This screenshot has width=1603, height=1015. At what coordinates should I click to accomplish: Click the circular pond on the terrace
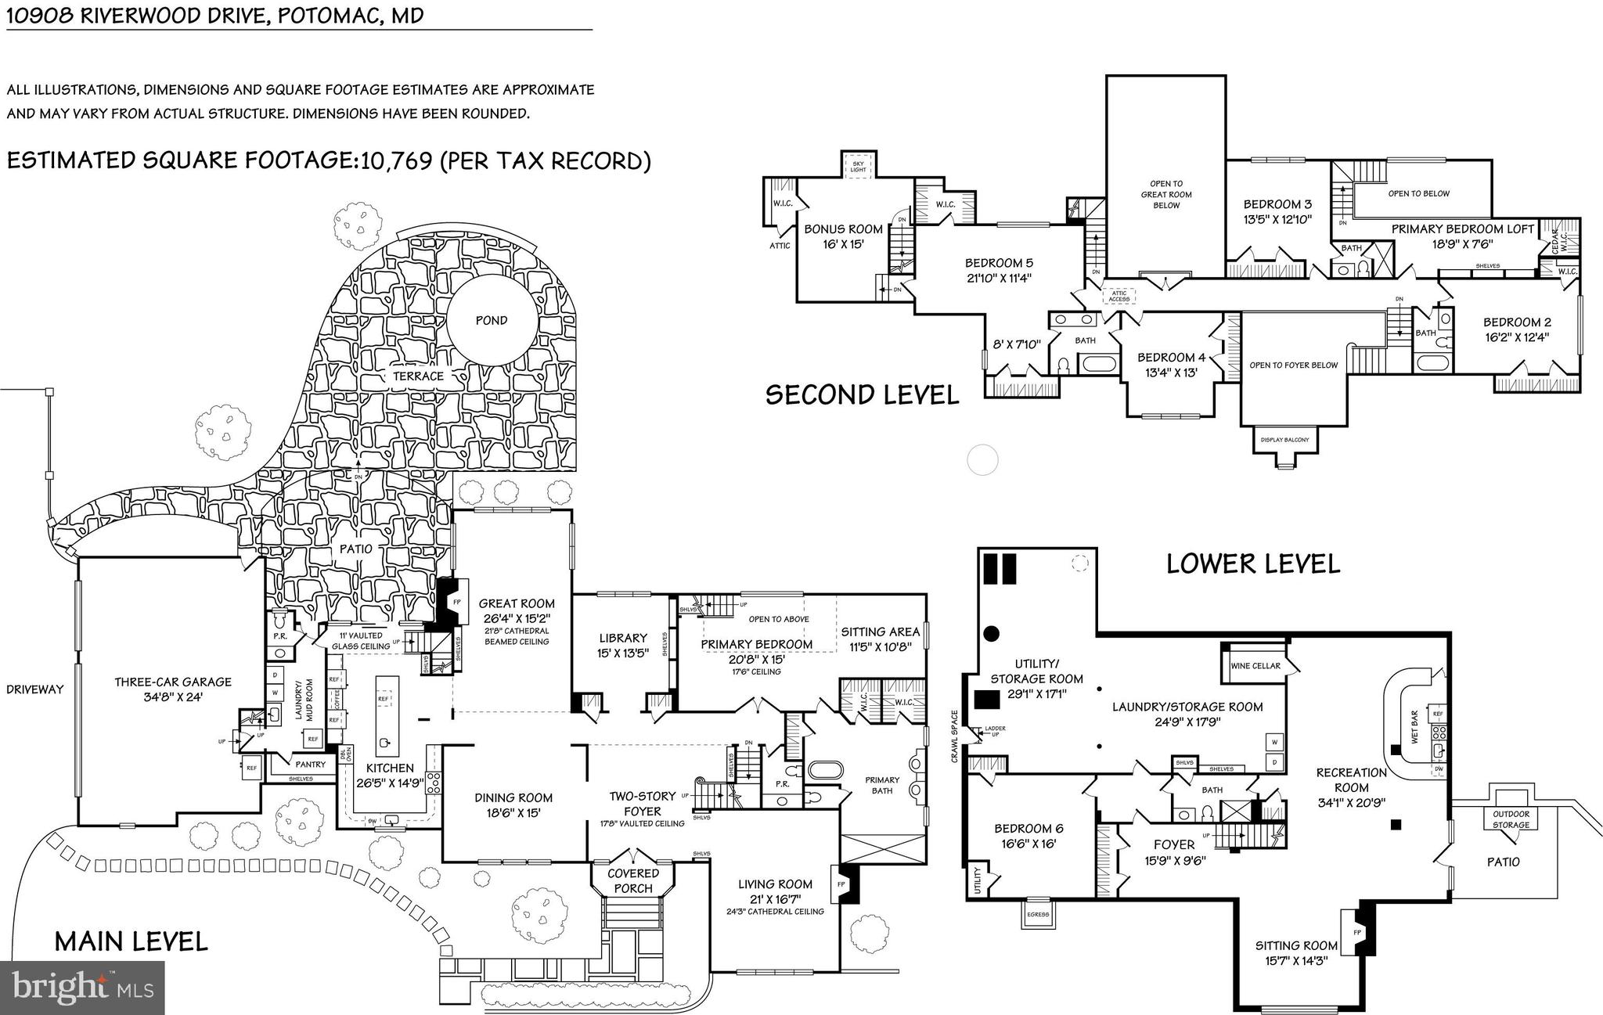click(x=491, y=320)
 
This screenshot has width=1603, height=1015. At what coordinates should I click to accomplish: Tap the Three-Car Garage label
click(x=173, y=682)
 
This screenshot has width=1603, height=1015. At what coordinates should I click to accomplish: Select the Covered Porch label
click(x=633, y=880)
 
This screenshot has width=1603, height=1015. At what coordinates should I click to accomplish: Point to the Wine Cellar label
click(x=1255, y=666)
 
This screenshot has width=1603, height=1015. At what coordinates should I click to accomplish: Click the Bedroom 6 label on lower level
click(x=1028, y=829)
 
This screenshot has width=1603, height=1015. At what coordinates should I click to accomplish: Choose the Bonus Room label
click(x=843, y=229)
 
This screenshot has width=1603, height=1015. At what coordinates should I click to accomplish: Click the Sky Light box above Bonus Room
click(x=859, y=165)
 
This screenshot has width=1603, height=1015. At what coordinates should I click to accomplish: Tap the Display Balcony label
click(x=1284, y=440)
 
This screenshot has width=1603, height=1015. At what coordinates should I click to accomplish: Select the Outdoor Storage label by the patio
click(x=1510, y=819)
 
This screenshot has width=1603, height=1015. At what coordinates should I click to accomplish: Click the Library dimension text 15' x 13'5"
click(x=623, y=654)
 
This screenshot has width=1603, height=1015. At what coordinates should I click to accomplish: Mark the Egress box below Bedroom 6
click(x=1039, y=914)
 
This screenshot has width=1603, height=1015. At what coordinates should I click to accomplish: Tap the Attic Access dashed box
click(x=1118, y=296)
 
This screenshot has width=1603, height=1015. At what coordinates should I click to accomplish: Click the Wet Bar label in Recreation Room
click(x=1414, y=727)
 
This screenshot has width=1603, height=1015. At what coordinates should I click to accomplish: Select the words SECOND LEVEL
click(x=862, y=394)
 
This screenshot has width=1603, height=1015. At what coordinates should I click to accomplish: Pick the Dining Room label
click(x=513, y=797)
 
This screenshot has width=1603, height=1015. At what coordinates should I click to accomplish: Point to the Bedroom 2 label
click(x=1516, y=322)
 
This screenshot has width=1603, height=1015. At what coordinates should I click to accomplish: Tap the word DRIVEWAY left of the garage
click(x=34, y=689)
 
